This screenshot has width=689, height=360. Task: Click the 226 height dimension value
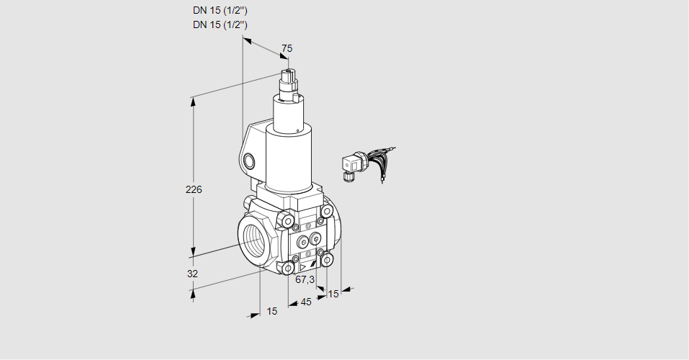pos(193,190)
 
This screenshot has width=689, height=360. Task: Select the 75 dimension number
pos(287,48)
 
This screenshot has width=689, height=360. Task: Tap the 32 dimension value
pos(192,274)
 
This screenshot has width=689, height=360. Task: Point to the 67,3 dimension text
pos(305,279)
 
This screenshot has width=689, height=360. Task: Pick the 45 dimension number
pos(306,302)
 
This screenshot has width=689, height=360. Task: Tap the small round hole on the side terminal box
pos(250,160)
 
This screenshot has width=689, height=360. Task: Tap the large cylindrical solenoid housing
pos(288,158)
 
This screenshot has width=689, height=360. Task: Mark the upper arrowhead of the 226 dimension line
pos(193,101)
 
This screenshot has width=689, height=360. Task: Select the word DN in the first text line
pos(199,11)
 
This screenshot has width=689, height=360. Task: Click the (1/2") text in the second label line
pos(233,24)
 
